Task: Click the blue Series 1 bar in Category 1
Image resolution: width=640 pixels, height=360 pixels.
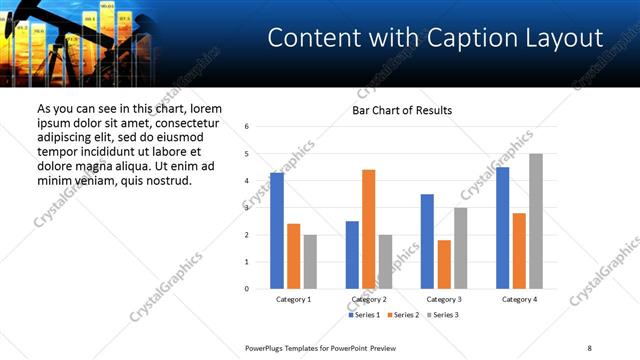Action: [277, 231]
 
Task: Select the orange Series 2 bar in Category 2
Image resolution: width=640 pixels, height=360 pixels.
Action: [368, 229]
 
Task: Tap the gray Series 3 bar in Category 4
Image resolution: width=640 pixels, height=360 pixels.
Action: [536, 221]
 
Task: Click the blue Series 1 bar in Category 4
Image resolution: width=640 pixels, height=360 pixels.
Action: [502, 228]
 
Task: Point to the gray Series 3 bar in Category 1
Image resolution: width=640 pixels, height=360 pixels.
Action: [310, 262]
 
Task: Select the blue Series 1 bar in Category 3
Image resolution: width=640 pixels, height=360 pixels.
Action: [427, 241]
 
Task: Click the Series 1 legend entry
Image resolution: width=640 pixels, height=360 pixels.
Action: [363, 315]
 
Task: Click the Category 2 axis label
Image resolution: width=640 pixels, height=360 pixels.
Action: [368, 299]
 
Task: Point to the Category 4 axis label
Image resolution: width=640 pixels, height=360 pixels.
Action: [519, 299]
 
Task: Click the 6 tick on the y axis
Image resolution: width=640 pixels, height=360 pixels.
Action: [247, 127]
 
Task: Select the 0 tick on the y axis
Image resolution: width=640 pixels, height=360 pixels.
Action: [247, 289]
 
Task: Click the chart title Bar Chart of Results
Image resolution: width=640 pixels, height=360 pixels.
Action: [402, 110]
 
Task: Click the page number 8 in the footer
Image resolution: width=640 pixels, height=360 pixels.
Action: [589, 347]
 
